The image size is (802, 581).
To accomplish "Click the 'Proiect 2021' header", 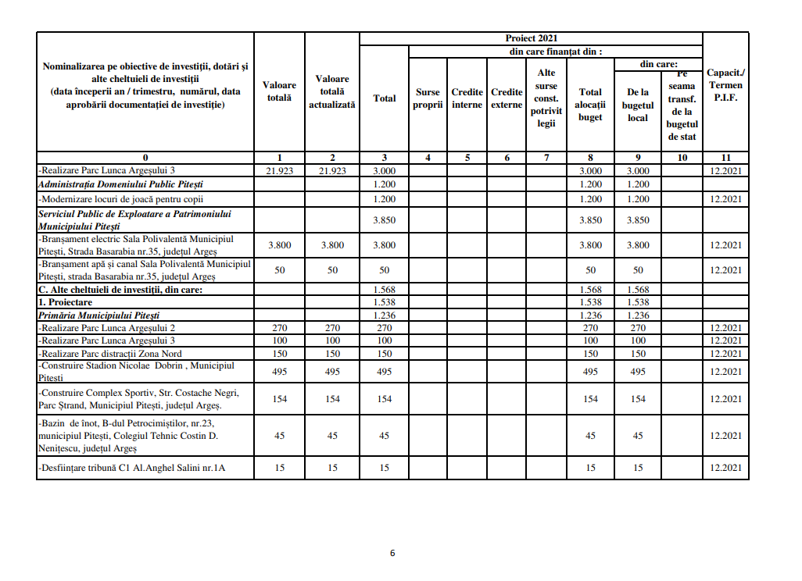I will click(531, 38).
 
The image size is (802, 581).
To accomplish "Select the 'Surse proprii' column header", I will click(428, 98).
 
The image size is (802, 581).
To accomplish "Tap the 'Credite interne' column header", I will click(467, 98).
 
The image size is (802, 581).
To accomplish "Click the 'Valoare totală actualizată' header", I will click(332, 91).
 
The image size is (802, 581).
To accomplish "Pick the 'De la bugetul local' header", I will click(638, 105).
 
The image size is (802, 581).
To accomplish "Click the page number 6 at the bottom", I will click(392, 553).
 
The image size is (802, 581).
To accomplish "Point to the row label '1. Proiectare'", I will click(66, 302).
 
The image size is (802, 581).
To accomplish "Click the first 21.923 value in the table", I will click(280, 170).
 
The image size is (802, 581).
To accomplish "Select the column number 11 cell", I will click(725, 158).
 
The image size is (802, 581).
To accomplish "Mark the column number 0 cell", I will click(145, 158).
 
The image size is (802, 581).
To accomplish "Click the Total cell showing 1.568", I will click(384, 290).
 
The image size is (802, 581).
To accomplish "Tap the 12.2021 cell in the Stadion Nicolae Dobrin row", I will click(725, 372).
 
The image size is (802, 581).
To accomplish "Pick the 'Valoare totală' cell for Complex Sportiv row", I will click(280, 399).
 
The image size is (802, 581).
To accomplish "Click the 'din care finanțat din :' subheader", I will click(555, 52).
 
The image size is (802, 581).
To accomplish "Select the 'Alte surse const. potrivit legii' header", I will click(546, 98).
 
